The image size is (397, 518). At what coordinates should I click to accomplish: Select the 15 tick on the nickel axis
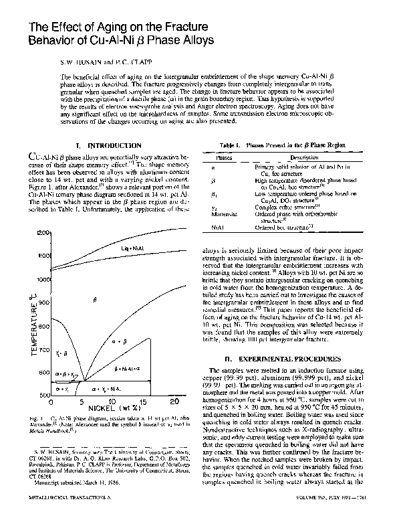point(142,402)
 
